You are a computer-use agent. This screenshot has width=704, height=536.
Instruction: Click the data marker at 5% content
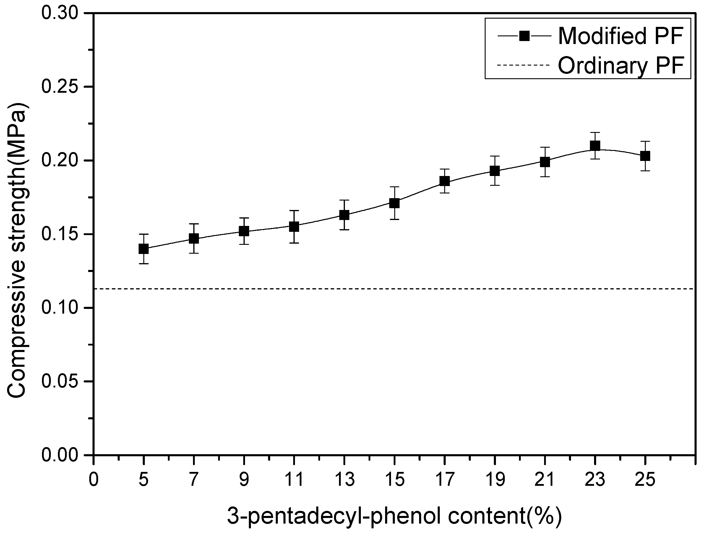point(144,249)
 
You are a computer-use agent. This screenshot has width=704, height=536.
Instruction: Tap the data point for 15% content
point(394,203)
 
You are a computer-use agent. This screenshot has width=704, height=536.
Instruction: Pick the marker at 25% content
point(645,156)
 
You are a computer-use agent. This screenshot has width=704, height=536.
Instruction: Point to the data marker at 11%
point(294,227)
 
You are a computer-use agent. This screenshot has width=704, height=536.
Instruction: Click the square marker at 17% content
point(445,181)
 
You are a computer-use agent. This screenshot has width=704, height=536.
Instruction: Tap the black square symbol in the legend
point(524,36)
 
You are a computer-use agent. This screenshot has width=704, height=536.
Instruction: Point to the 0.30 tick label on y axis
point(59,14)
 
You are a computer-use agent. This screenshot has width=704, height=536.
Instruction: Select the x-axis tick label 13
point(344,480)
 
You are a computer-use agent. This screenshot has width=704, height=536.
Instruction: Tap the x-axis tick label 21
point(545,480)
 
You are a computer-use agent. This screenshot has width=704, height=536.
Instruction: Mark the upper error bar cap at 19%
point(494,156)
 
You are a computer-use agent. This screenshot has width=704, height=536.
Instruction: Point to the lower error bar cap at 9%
point(244,245)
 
